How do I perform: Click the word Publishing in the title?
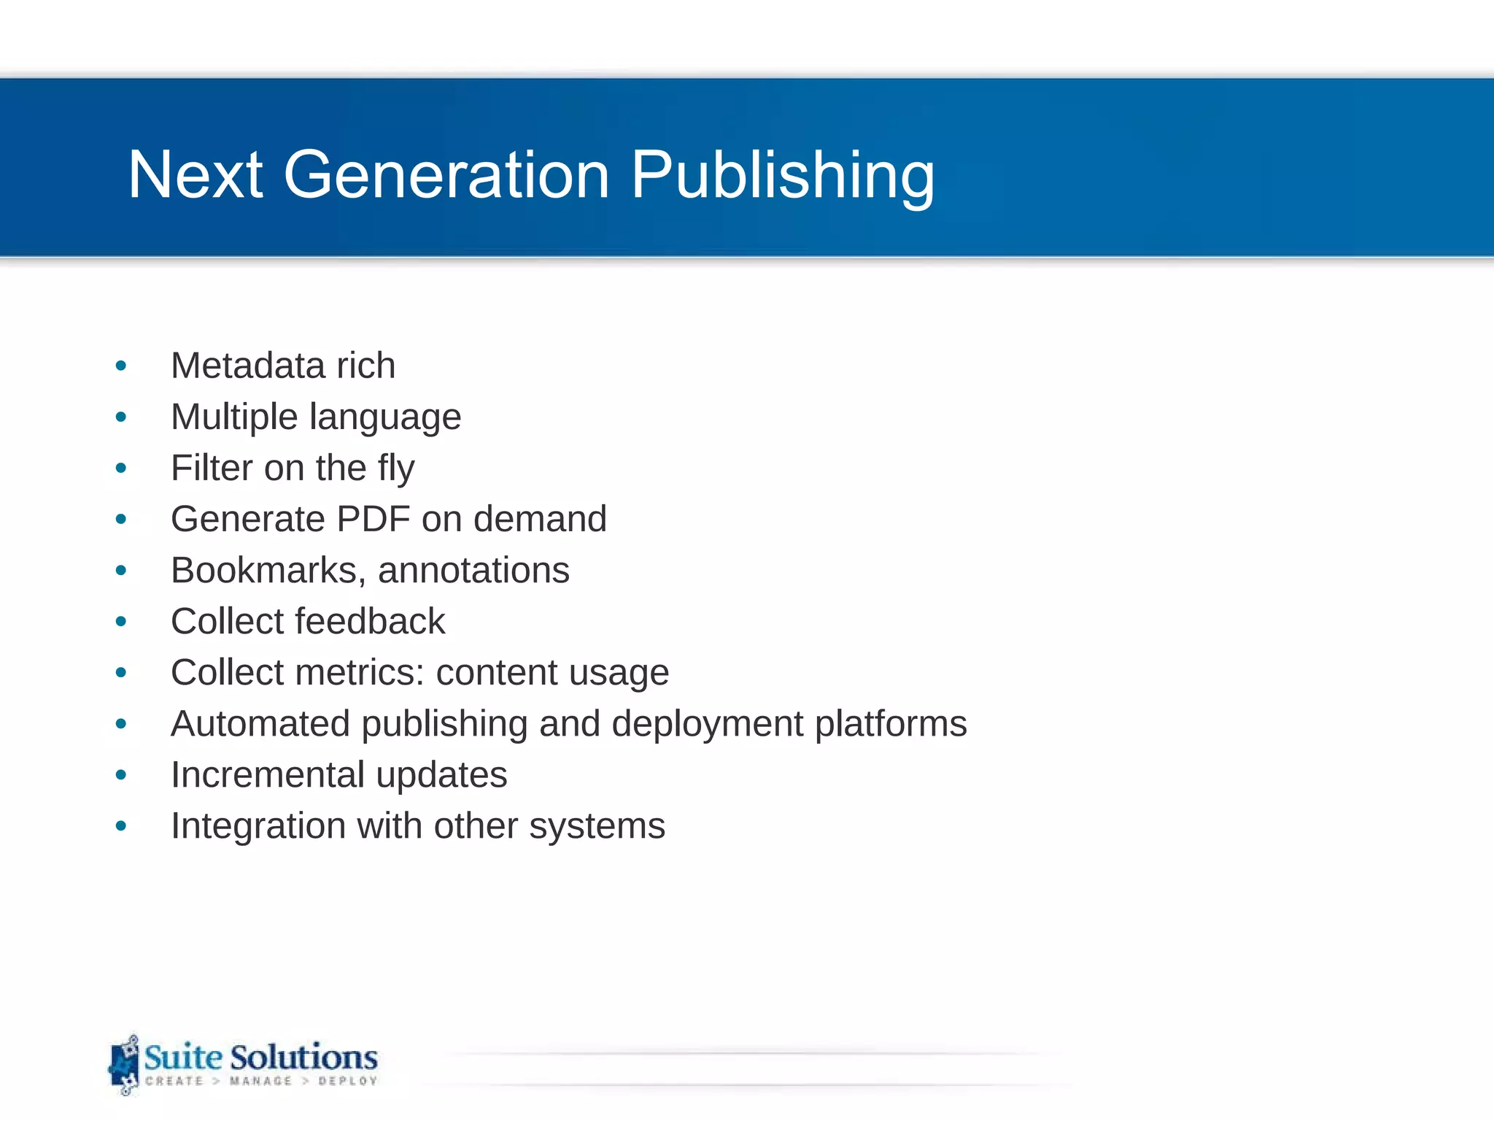(x=782, y=175)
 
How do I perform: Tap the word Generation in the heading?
(x=446, y=175)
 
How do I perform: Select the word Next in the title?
(x=195, y=175)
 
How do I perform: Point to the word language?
(x=385, y=418)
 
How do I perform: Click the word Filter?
(x=212, y=468)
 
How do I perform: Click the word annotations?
(x=473, y=571)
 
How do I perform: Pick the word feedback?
(x=370, y=622)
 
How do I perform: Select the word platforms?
(x=891, y=725)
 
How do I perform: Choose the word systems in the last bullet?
(x=597, y=827)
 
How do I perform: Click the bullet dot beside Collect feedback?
(x=121, y=622)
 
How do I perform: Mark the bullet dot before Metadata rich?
(x=121, y=366)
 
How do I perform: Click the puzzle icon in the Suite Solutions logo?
(x=125, y=1065)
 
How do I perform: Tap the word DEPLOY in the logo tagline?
(x=348, y=1081)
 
